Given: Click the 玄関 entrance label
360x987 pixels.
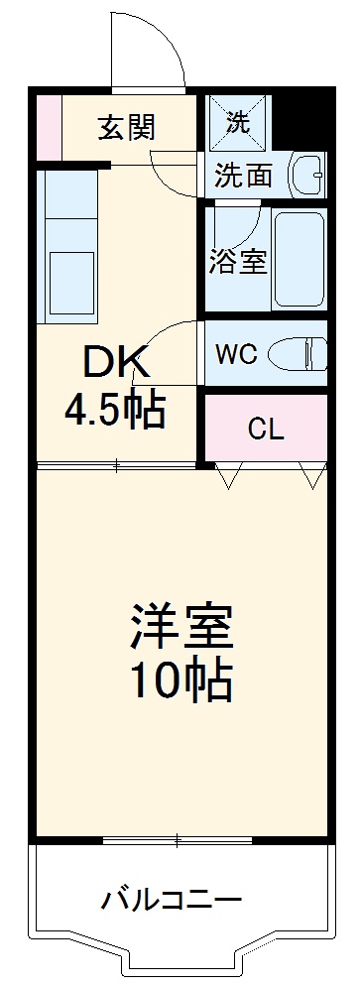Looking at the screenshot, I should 126,128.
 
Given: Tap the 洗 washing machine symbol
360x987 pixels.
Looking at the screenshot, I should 238,123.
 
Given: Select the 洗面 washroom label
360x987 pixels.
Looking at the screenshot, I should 244,177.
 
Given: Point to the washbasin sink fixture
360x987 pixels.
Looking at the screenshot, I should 307,175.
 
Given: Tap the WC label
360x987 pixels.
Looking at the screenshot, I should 239,353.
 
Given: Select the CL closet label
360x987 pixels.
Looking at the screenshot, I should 266,429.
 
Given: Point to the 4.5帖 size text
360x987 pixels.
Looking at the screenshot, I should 115,410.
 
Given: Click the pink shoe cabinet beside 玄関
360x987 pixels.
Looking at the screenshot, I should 49,127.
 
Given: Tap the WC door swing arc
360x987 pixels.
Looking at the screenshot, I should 169,342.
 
